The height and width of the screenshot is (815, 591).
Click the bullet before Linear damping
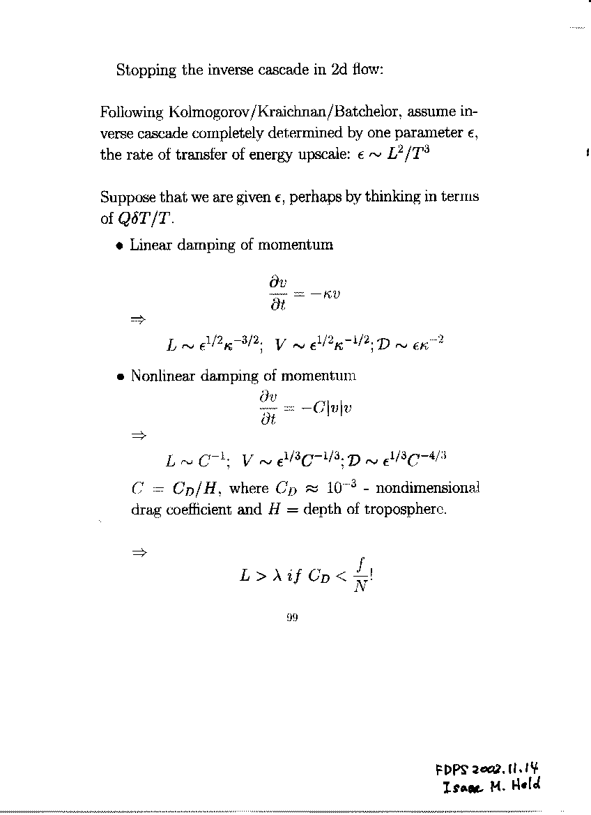[x=121, y=245]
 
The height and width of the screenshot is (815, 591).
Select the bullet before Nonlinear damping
[x=121, y=376]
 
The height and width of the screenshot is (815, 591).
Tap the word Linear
[x=152, y=245]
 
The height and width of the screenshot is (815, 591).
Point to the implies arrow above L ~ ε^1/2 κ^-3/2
[x=137, y=319]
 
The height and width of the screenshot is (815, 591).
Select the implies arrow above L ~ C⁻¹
[x=137, y=436]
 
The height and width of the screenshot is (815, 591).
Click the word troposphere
[x=409, y=509]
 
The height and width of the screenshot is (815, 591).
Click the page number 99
[x=292, y=617]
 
